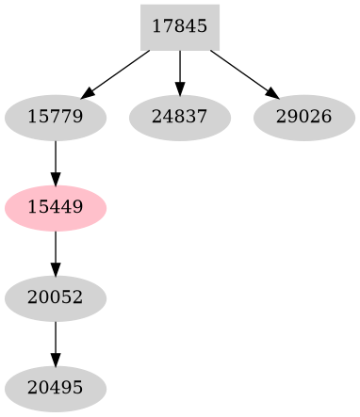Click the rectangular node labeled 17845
pyautogui.click(x=179, y=26)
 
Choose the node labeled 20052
pyautogui.click(x=56, y=297)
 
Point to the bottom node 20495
pyautogui.click(x=56, y=388)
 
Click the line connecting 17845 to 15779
pyautogui.click(x=118, y=72)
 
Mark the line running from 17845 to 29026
pyautogui.click(x=241, y=72)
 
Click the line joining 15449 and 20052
pyautogui.click(x=56, y=249)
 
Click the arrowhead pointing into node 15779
pyautogui.click(x=88, y=93)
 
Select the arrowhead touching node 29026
pyautogui.click(x=272, y=93)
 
